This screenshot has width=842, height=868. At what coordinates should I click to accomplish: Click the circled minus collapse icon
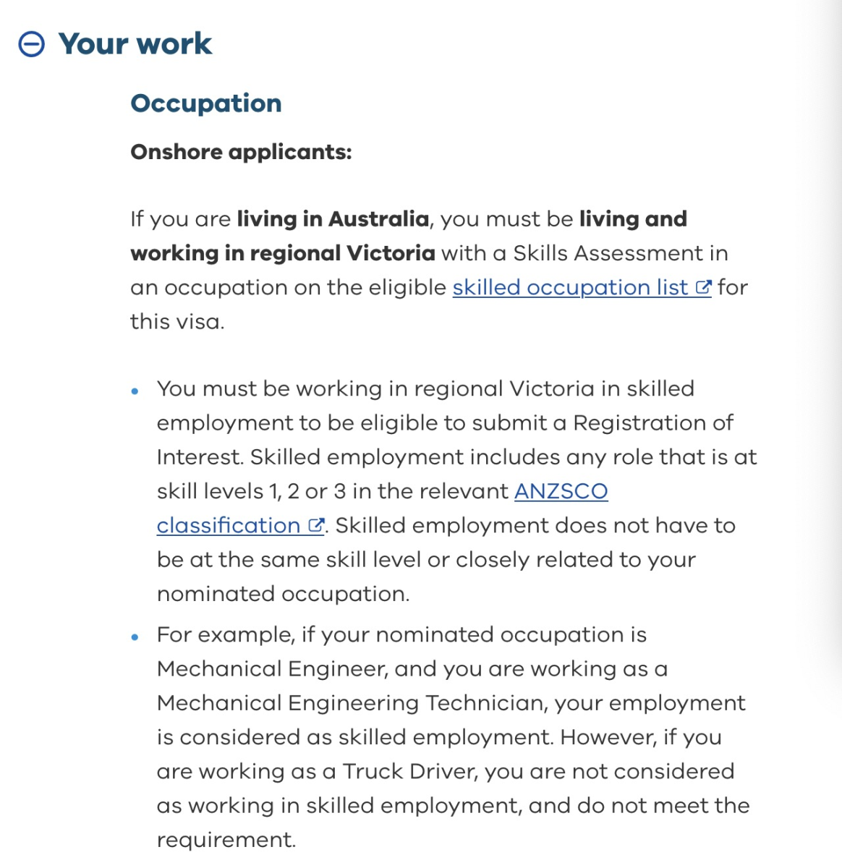[x=31, y=44]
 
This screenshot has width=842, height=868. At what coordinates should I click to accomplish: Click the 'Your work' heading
[x=135, y=44]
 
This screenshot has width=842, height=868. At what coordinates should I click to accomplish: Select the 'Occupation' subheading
[x=206, y=103]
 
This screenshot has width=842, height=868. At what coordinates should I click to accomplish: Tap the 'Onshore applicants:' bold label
[x=241, y=152]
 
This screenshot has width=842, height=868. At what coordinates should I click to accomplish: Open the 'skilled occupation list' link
[x=570, y=287]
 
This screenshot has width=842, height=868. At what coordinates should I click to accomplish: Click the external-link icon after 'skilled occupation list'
[x=704, y=287]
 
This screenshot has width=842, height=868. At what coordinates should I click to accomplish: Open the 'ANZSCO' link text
[x=561, y=491]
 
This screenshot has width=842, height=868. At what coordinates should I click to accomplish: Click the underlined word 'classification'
[x=229, y=525]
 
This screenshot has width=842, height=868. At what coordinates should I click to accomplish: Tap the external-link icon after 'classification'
[x=316, y=525]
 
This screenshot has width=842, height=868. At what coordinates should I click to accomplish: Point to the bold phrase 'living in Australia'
[x=333, y=218]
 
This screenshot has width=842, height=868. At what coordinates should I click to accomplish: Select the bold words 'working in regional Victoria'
[x=283, y=253]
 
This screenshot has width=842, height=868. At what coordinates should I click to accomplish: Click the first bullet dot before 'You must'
[x=135, y=391]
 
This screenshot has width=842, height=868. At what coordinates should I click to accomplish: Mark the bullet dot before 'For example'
[x=135, y=637]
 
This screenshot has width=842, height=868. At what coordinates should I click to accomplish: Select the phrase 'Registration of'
[x=652, y=422]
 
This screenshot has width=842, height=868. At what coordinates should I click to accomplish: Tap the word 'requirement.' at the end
[x=226, y=840]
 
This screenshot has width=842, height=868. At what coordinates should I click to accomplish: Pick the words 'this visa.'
[x=177, y=321]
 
